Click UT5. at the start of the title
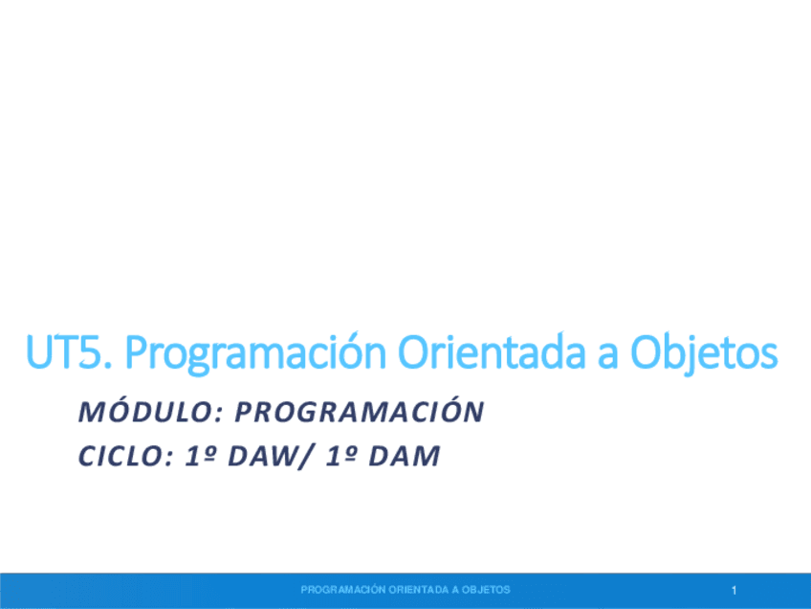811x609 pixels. [x=70, y=354]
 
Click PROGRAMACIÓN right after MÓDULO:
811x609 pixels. [x=360, y=412]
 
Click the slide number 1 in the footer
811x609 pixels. [x=734, y=590]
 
